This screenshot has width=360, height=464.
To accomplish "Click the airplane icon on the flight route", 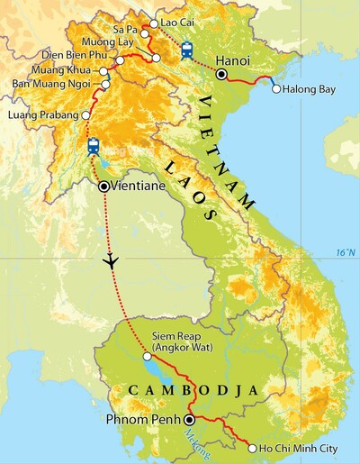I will coord(111,261).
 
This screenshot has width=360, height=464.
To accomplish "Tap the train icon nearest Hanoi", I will coord(186,50).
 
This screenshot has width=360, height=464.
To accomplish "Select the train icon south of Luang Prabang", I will coord(93,146).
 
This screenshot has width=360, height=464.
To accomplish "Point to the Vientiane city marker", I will coord(104,187).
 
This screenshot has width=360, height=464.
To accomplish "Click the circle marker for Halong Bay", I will coord(275,89).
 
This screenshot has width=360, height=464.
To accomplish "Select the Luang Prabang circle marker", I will coord(85,116).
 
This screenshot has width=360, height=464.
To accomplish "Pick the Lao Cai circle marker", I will coord(152,23).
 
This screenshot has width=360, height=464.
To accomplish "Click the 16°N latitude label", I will coord(343,251).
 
